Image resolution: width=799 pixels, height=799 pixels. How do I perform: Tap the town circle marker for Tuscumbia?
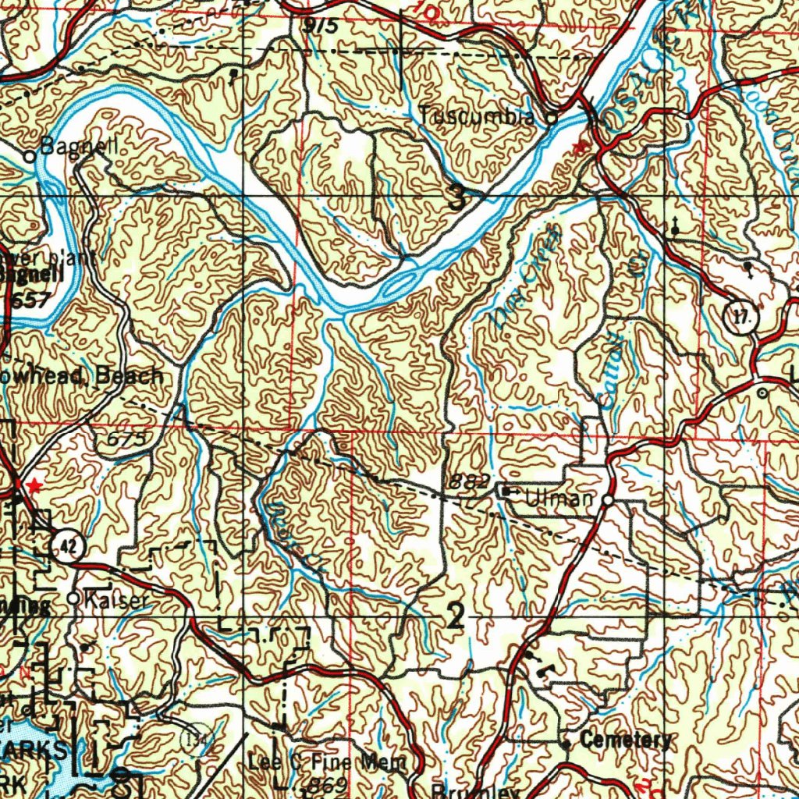click(551, 120)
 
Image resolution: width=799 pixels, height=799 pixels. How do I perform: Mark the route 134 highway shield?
click(196, 738)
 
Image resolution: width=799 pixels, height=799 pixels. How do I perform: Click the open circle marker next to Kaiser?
click(73, 598)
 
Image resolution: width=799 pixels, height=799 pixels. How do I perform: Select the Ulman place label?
click(561, 498)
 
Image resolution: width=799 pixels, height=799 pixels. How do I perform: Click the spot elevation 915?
click(321, 25)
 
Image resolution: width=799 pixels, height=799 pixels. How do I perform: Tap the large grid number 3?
click(458, 197)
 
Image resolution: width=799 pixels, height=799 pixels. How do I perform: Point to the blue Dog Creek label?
click(527, 278)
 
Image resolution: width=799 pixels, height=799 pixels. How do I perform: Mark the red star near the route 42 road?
click(33, 485)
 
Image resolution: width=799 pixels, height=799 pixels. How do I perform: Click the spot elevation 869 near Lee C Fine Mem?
click(326, 783)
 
